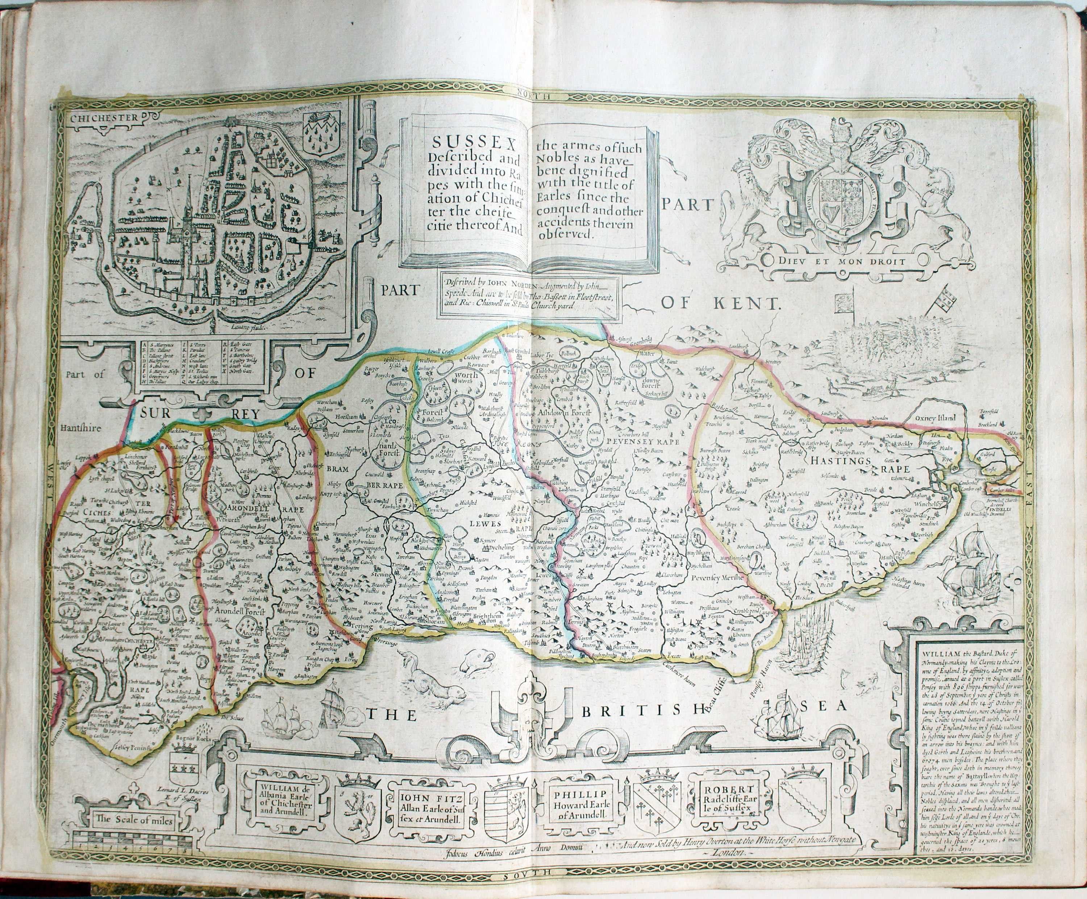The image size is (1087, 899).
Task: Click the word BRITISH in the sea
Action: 653,712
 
